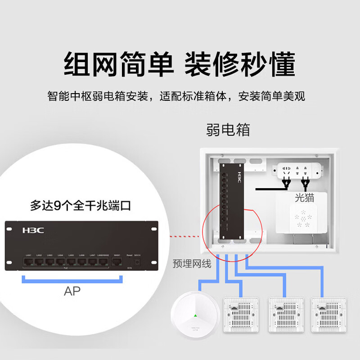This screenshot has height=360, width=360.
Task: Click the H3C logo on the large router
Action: tap(33, 230)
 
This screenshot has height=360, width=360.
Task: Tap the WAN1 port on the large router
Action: tap(117, 261)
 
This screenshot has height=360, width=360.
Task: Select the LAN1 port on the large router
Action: tap(28, 261)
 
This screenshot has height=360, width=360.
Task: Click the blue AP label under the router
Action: tap(72, 292)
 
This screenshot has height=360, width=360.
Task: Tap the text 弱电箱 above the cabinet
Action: tap(228, 130)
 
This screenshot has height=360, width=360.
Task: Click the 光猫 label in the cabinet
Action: tap(304, 197)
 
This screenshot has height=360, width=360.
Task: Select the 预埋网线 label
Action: tap(192, 264)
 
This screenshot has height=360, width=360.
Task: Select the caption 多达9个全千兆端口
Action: tap(81, 206)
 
